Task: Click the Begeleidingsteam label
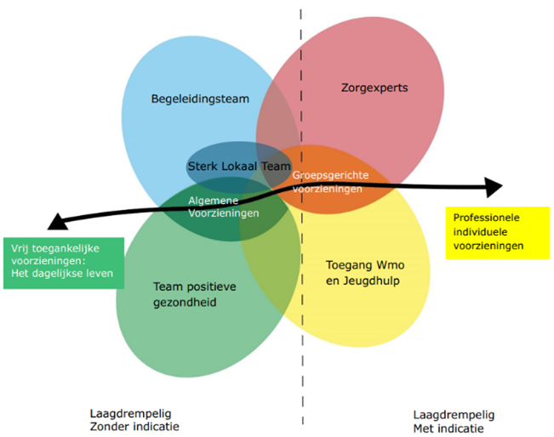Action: pos(200,99)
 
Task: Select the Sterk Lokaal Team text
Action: pos(238,166)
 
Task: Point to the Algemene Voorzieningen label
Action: pos(223,207)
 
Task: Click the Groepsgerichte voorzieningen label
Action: pos(328,181)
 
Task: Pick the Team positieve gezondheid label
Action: pos(195,294)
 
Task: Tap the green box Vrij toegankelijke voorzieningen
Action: pos(63,261)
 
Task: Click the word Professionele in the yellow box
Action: pos(481,218)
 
